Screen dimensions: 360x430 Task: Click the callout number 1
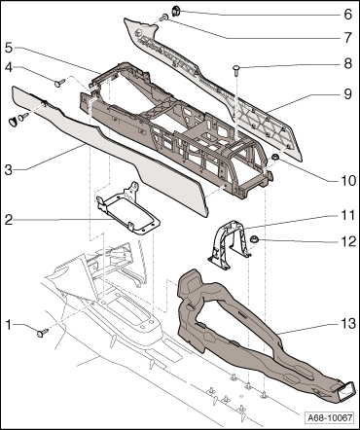10,325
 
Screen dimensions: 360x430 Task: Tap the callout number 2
9,220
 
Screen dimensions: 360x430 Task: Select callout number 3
9,169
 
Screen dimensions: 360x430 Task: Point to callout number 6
347,15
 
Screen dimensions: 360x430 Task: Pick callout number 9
347,94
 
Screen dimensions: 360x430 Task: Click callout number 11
347,215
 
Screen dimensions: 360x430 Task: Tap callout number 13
348,323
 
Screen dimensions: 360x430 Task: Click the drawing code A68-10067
330,417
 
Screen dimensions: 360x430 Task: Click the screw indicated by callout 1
42,333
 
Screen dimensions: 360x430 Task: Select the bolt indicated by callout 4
60,84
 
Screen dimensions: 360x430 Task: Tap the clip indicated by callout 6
175,12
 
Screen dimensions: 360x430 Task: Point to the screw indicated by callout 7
164,18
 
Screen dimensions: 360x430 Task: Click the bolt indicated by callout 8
236,70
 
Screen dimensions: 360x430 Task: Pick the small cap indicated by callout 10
275,157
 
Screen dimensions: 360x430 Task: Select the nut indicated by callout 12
253,240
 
